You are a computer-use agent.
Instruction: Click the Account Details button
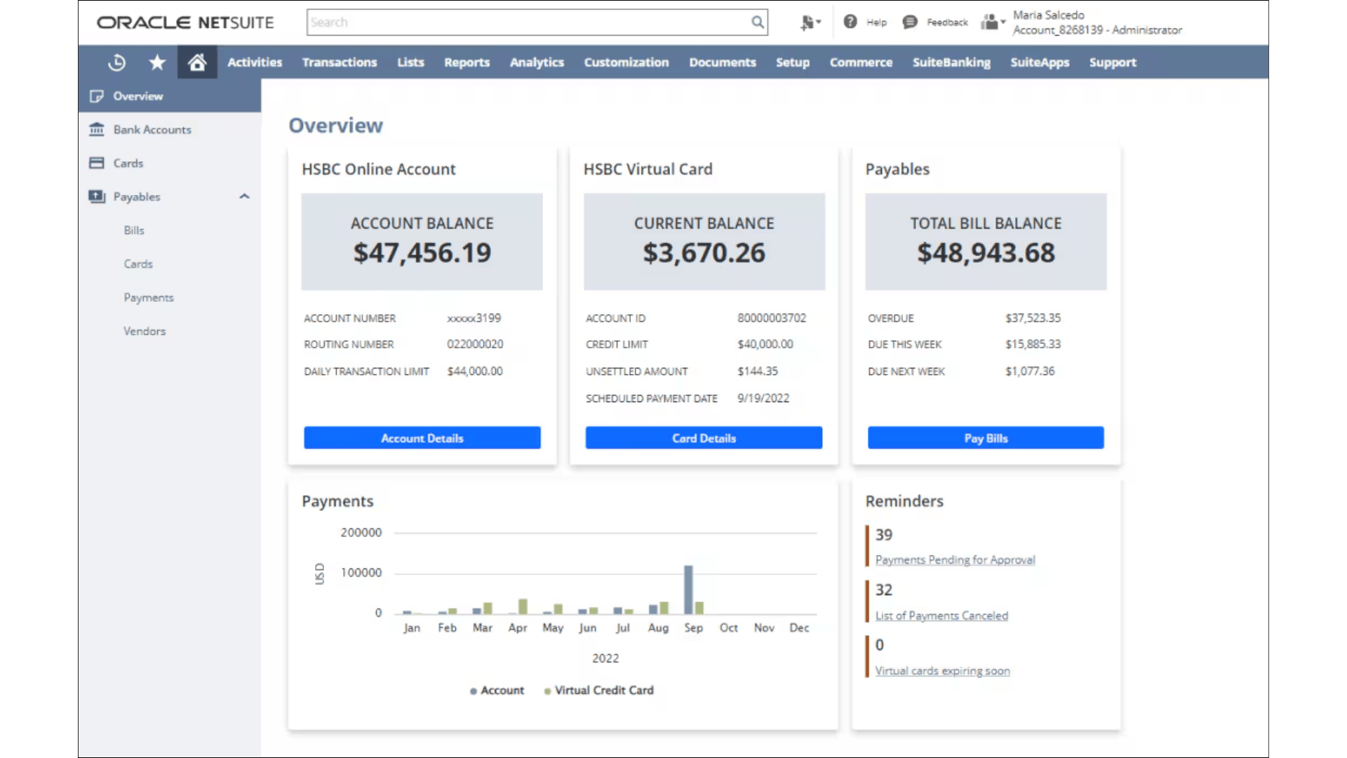pos(422,438)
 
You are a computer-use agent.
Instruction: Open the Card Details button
pos(704,438)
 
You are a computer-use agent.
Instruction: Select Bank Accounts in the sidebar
pos(152,130)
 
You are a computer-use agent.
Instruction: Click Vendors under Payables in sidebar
pos(145,331)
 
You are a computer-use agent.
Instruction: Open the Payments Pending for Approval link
pos(955,560)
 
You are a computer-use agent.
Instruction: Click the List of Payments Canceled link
pos(941,616)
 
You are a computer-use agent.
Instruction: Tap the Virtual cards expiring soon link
pos(942,671)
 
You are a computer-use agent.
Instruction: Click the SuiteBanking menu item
pos(951,62)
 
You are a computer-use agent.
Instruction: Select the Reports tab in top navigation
pos(467,62)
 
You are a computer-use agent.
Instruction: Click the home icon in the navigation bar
pos(197,62)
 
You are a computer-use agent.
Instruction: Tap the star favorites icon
pos(157,62)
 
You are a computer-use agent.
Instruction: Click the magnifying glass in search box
pos(757,22)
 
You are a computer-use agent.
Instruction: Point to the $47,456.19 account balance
pos(422,253)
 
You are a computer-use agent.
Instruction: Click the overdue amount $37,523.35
pos(1033,318)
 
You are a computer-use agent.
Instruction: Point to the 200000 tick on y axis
pos(361,533)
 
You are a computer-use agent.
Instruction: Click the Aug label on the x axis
pos(658,628)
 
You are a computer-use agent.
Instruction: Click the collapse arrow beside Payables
pos(244,197)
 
